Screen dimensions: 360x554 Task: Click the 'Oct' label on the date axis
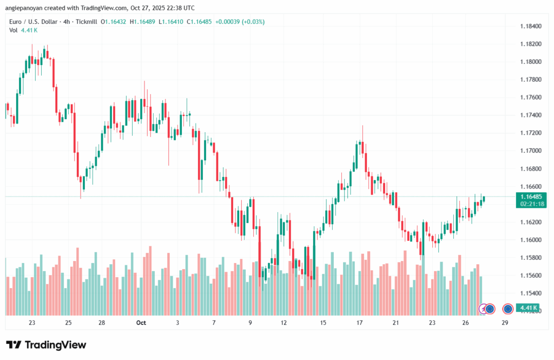141,323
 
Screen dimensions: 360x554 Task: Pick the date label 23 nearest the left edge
32,323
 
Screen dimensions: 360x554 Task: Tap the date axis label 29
504,323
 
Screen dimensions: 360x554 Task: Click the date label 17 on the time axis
359,323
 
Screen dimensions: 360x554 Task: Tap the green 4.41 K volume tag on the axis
528,308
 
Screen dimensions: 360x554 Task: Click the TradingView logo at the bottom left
46,345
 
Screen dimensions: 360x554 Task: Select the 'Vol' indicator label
14,30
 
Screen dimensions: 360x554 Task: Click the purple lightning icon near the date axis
484,309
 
